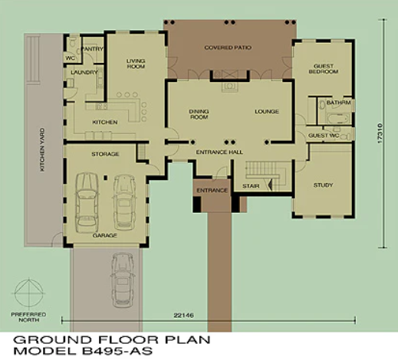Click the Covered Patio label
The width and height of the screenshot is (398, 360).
(x=228, y=47)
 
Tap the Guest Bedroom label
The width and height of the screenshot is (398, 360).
(x=324, y=69)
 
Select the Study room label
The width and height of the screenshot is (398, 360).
(x=323, y=185)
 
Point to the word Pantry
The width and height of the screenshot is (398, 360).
(x=92, y=49)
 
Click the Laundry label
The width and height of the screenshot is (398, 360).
(x=84, y=72)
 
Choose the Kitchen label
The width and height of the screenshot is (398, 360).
(x=105, y=122)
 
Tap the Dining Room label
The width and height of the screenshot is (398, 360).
(x=199, y=114)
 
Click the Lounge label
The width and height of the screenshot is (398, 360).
(x=267, y=112)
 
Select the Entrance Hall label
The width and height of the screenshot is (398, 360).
(x=219, y=152)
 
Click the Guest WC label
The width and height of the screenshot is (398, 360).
(x=324, y=136)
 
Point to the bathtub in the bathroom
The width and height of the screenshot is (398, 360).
(x=338, y=119)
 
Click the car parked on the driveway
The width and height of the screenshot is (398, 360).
(x=123, y=280)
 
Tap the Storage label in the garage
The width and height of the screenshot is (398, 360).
(x=105, y=154)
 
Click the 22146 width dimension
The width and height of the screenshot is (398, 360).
(x=183, y=316)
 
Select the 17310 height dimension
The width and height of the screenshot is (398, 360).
(x=380, y=133)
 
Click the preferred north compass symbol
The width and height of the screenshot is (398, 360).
(x=29, y=293)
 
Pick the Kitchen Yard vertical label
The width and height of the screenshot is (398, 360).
(x=42, y=149)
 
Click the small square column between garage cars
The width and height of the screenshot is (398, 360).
(x=105, y=178)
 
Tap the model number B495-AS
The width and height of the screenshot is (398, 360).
(x=117, y=352)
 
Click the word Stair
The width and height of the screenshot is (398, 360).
(x=251, y=186)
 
